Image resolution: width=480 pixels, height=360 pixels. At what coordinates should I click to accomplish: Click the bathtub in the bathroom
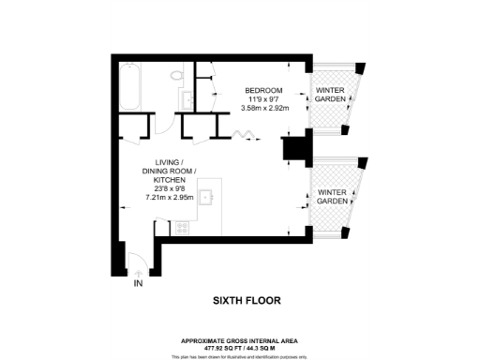130,85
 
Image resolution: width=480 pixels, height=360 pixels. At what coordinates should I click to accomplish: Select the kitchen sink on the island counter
209,196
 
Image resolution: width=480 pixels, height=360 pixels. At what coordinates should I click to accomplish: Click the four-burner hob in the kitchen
181,227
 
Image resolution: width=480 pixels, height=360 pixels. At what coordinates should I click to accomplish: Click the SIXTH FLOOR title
241,301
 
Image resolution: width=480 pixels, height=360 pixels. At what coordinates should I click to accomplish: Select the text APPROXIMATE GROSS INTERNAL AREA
241,339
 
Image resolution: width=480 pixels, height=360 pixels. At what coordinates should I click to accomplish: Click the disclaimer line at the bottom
241,355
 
